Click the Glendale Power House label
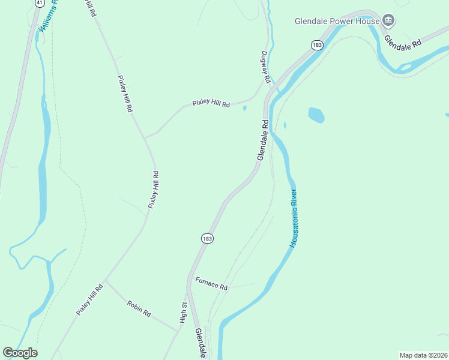tap(337, 21)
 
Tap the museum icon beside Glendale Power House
tap(388, 21)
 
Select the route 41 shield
tap(38, 2)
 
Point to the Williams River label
tap(49, 16)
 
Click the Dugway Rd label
tap(266, 67)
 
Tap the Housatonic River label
tap(294, 218)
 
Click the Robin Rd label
tap(139, 308)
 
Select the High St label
tap(184, 313)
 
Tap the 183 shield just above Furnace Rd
tap(207, 238)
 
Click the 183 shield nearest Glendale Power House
tap(317, 45)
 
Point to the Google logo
tap(20, 353)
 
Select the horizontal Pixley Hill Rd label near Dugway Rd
tap(211, 103)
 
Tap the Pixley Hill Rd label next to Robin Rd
tap(90, 299)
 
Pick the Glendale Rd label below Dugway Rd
tap(262, 140)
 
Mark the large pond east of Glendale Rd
tap(316, 115)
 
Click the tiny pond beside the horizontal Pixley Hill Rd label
tap(244, 109)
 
